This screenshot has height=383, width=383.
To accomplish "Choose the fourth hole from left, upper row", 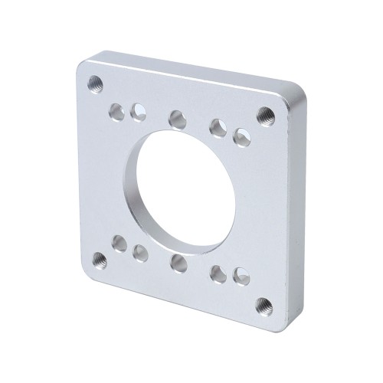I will coord(218,127).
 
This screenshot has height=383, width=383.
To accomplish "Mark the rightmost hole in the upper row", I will coord(241,136).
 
